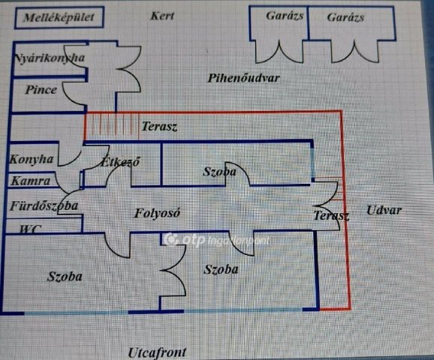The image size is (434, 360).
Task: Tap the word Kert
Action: tap(162, 16)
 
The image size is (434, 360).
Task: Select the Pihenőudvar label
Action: tap(243, 78)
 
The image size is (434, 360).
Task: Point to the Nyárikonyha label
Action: tap(50, 58)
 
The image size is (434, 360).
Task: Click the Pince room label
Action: tap(41, 89)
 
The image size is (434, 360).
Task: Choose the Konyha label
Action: tap(32, 160)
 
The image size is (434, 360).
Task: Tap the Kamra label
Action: tap(31, 181)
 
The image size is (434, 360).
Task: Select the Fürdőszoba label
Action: tap(44, 206)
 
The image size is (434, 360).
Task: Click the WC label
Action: tap(31, 229)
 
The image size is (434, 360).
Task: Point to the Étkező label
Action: tap(120, 162)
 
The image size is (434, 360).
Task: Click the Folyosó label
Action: tap(157, 213)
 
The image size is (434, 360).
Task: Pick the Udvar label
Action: tap(384, 211)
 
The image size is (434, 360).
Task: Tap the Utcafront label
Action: tap(157, 352)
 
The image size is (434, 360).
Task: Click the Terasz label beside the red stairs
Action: tap(159, 126)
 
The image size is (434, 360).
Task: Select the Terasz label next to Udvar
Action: tap(331, 216)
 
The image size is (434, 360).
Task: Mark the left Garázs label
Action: tap(285, 16)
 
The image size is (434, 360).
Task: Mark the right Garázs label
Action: tap(345, 17)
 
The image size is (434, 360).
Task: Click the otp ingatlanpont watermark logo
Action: tap(217, 239)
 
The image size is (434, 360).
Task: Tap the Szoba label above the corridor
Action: tap(220, 172)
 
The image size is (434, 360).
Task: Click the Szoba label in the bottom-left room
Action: tap(65, 277)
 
